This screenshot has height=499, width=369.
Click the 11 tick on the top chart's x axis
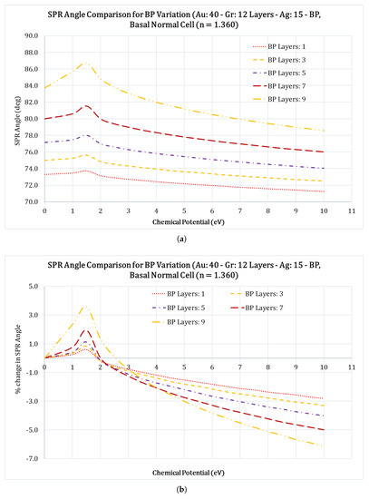[352, 210]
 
